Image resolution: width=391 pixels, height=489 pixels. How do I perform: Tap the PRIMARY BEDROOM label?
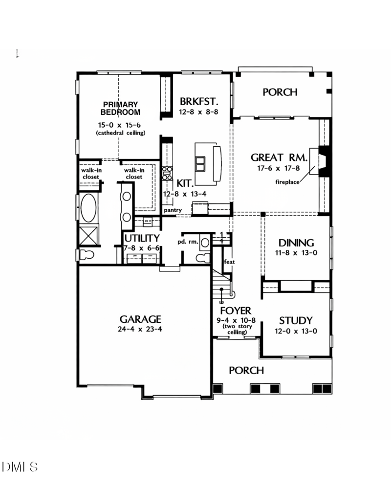[x=121, y=108]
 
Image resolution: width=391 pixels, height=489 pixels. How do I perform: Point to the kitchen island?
[x=207, y=161]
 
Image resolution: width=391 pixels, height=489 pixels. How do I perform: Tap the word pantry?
[x=173, y=210]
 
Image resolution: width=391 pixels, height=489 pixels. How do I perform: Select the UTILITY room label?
[x=142, y=239]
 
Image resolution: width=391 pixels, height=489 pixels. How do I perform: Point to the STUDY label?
[x=296, y=321]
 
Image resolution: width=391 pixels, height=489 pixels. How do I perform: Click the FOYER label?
[x=236, y=311]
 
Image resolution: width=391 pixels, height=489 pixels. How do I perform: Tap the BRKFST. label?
[x=198, y=102]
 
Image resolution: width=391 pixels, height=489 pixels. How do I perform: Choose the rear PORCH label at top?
[x=280, y=92]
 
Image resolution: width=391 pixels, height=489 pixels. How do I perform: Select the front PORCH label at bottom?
[x=246, y=371]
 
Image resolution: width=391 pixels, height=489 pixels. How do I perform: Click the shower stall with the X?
[x=88, y=236]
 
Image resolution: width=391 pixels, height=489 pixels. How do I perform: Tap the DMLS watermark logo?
[x=20, y=467]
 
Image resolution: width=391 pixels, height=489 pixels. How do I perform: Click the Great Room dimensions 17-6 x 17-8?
[x=279, y=168]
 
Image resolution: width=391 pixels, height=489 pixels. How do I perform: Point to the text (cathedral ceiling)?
[x=121, y=133]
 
